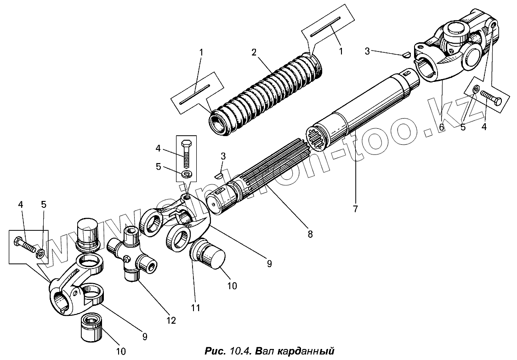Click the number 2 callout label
[254, 52]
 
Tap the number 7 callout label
[355, 209]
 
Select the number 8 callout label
[310, 234]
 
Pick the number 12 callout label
[171, 320]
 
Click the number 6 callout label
[442, 127]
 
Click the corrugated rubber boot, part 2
[267, 94]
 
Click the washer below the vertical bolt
[186, 174]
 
